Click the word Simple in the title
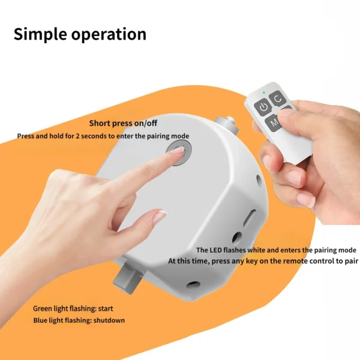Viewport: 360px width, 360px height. coord(39,34)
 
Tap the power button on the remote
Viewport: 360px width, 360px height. coord(262,107)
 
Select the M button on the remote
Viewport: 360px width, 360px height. coord(274,124)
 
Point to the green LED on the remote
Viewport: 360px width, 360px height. coord(263,93)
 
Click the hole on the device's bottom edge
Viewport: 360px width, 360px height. coord(193,284)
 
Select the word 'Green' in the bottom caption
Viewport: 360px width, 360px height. coord(44,308)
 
